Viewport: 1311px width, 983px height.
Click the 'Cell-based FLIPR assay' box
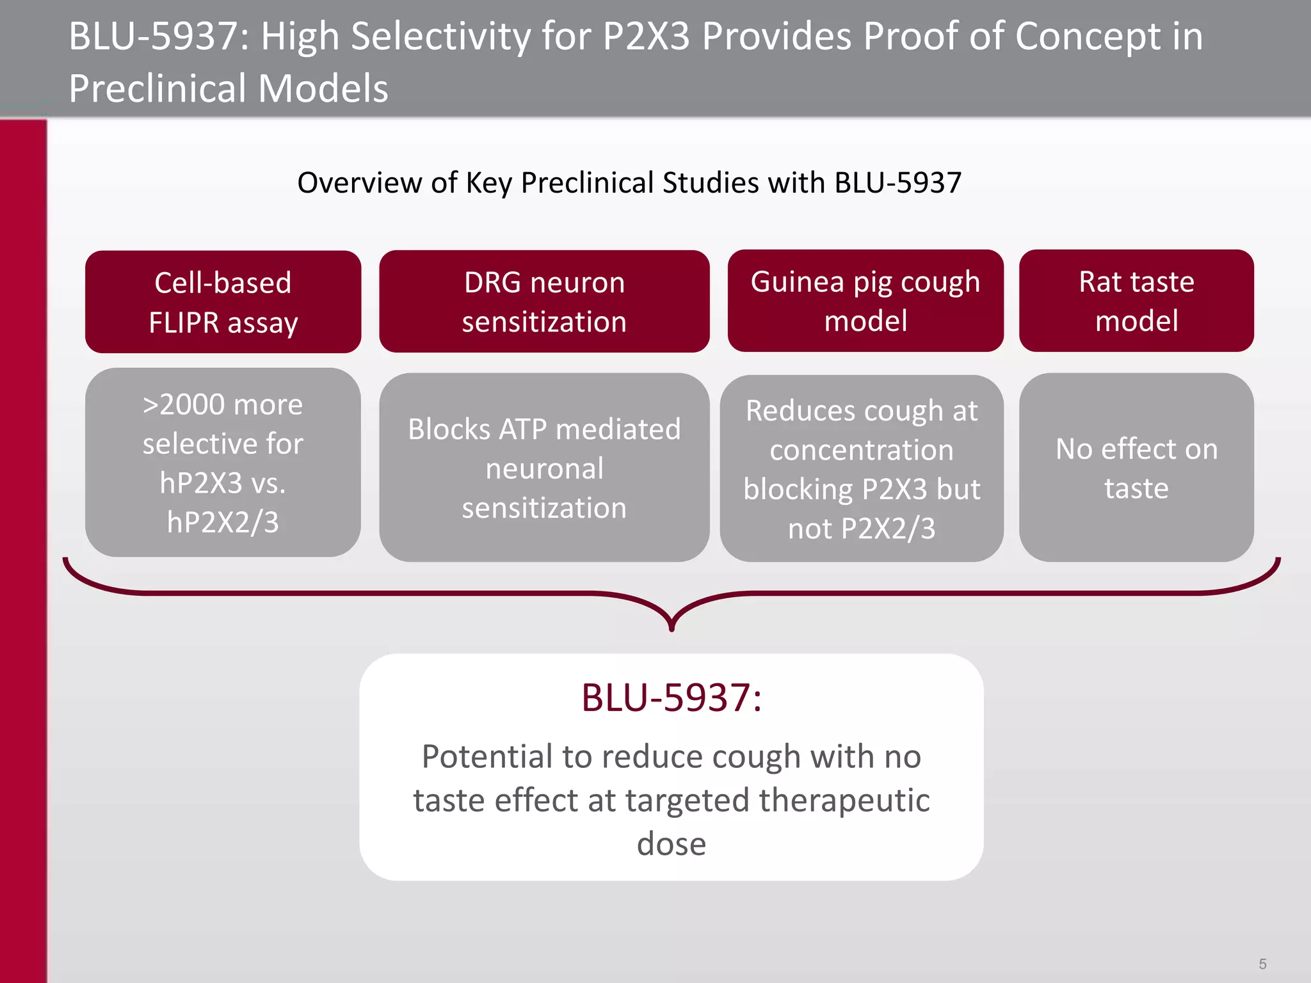pyautogui.click(x=223, y=301)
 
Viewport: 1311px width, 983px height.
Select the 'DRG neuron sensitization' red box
pyautogui.click(x=544, y=301)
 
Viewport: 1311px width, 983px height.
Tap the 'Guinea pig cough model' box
pyautogui.click(x=865, y=301)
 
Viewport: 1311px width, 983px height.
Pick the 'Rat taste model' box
pyautogui.click(x=1136, y=301)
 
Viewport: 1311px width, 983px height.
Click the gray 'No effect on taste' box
pyautogui.click(x=1136, y=468)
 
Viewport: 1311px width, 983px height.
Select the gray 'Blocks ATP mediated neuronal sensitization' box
pyautogui.click(x=544, y=468)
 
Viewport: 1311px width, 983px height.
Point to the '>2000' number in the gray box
pyautogui.click(x=183, y=405)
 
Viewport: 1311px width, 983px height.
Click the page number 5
pyautogui.click(x=1262, y=964)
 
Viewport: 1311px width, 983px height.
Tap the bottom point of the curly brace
pyautogui.click(x=672, y=628)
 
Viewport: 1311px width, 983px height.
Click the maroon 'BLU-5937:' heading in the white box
pyautogui.click(x=672, y=698)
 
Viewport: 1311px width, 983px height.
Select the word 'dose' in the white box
pyautogui.click(x=672, y=843)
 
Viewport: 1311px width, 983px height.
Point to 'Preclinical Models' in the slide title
pyautogui.click(x=229, y=88)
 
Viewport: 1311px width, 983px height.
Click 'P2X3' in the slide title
pyautogui.click(x=646, y=36)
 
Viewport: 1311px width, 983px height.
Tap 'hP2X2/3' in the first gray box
pyautogui.click(x=223, y=522)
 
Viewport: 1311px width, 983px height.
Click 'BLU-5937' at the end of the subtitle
pyautogui.click(x=897, y=183)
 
